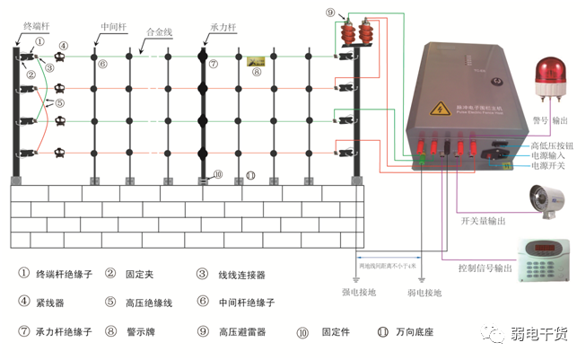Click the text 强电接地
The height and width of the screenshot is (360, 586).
click(359, 293)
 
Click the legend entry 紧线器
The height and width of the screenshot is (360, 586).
click(56, 303)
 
